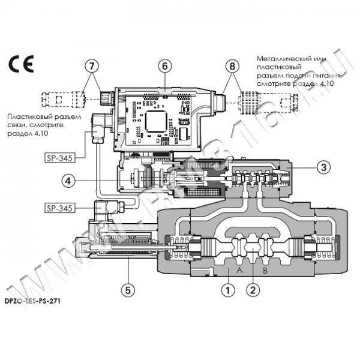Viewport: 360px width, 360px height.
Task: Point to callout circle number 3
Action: coord(323,167)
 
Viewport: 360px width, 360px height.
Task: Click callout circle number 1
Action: coord(227,290)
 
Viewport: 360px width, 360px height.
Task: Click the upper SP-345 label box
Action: coord(62,158)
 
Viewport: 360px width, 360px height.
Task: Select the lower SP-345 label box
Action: coord(62,208)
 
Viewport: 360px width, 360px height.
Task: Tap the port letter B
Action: coord(265,271)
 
